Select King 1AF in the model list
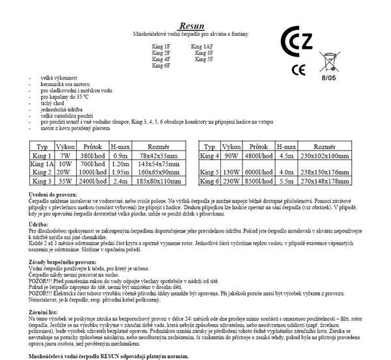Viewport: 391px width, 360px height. tap(203, 46)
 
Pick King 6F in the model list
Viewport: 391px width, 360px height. tap(161, 66)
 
